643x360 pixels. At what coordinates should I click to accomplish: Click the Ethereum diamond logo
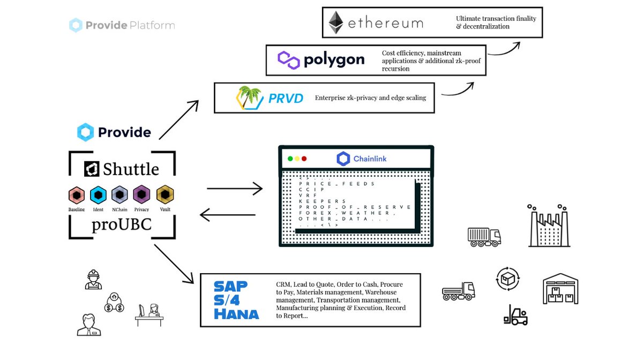[x=336, y=22]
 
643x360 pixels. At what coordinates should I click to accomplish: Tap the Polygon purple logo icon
[x=288, y=59]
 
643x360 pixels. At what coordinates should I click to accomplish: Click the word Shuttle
[x=131, y=169]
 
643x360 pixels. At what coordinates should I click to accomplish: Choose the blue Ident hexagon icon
[x=98, y=194]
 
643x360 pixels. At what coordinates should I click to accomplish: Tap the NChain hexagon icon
[x=119, y=194]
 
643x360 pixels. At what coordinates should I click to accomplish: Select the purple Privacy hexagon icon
[x=141, y=194]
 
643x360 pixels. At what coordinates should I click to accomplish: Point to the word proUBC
[x=122, y=226]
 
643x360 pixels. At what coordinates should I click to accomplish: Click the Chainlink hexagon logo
[x=343, y=159]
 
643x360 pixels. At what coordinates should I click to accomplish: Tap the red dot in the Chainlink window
[x=304, y=159]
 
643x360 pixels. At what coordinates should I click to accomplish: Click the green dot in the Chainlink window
[x=290, y=159]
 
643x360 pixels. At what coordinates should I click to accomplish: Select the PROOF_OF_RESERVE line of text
[x=355, y=207]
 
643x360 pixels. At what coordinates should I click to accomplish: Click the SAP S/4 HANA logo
[x=236, y=300]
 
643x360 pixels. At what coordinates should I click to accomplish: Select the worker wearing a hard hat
[x=93, y=279]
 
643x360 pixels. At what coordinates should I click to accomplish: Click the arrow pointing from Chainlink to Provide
[x=227, y=215]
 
